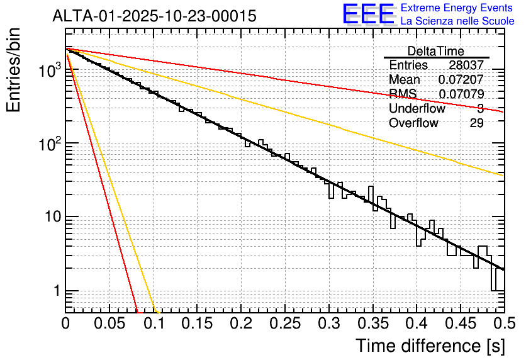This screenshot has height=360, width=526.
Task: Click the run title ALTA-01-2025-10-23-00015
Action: tap(154, 16)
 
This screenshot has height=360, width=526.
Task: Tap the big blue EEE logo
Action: tap(368, 14)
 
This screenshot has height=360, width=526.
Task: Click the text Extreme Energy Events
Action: tap(457, 8)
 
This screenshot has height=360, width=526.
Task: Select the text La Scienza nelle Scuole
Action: tap(457, 21)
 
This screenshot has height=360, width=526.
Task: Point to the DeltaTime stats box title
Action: tap(435, 51)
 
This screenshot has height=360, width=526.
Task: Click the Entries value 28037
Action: tap(466, 65)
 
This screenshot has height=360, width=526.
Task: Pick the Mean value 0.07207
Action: tap(461, 80)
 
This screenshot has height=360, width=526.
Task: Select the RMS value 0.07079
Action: tap(461, 94)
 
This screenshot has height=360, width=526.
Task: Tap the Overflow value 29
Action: tap(476, 123)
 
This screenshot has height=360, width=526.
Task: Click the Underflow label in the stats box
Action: tap(417, 109)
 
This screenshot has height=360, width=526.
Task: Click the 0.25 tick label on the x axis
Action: tap(285, 323)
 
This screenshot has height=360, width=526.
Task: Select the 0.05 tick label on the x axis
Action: tap(109, 323)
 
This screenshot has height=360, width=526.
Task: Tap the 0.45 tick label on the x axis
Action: tap(461, 323)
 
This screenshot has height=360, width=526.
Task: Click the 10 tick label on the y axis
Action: tap(50, 218)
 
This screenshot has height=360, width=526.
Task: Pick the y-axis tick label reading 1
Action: tap(55, 291)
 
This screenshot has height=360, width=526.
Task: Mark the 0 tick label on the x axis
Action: tap(65, 323)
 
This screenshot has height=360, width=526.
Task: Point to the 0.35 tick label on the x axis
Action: tap(373, 323)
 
